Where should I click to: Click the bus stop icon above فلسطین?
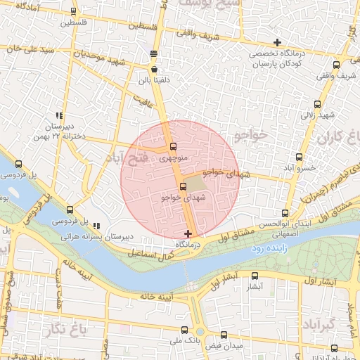74,12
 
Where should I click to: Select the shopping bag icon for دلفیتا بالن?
154,70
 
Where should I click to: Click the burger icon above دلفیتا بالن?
154,53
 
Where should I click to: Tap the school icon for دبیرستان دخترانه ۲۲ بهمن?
60,115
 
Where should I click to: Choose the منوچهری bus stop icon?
173,147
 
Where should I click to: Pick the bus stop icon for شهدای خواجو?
184,186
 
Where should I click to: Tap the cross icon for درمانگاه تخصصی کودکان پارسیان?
277,43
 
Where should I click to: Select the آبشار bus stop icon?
255,276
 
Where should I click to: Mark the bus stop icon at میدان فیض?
224,335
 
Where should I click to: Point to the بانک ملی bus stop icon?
184,329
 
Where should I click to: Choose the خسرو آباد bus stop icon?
300,157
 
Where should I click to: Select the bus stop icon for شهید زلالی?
314,104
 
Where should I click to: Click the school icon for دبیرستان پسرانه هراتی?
96,226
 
